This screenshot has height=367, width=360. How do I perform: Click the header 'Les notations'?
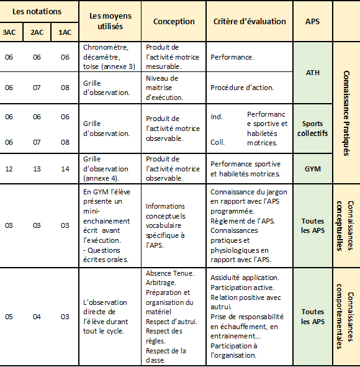pyautogui.click(x=37, y=11)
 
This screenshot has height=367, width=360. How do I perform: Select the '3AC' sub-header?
pyautogui.click(x=9, y=32)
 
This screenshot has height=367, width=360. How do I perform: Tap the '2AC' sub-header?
pyautogui.click(x=37, y=32)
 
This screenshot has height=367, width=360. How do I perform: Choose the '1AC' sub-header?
pyautogui.click(x=65, y=32)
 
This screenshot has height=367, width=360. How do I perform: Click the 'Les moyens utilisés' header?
pyautogui.click(x=106, y=22)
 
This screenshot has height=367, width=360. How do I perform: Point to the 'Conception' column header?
pyautogui.click(x=174, y=22)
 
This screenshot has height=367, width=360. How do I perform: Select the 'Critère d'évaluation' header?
pyautogui.click(x=250, y=22)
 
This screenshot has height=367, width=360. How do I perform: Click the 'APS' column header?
pyautogui.click(x=313, y=22)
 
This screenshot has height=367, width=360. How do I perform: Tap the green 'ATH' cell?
pyautogui.click(x=313, y=73)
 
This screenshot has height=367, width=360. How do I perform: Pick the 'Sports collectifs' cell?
pyautogui.click(x=313, y=129)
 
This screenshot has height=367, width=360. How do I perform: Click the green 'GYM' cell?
pyautogui.click(x=313, y=169)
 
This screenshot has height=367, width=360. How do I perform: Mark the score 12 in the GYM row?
pyautogui.click(x=9, y=169)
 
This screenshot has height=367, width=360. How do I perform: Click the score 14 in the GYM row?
pyautogui.click(x=65, y=169)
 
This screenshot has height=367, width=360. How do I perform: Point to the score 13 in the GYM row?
pyautogui.click(x=37, y=169)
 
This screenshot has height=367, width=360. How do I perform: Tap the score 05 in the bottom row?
pyautogui.click(x=9, y=317)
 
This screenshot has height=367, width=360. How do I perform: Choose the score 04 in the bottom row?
pyautogui.click(x=37, y=317)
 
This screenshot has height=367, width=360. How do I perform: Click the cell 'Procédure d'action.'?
pyautogui.click(x=241, y=88)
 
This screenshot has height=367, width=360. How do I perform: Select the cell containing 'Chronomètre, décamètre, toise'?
pyautogui.click(x=109, y=57)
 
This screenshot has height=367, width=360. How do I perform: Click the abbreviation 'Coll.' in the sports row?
pyautogui.click(x=217, y=142)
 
